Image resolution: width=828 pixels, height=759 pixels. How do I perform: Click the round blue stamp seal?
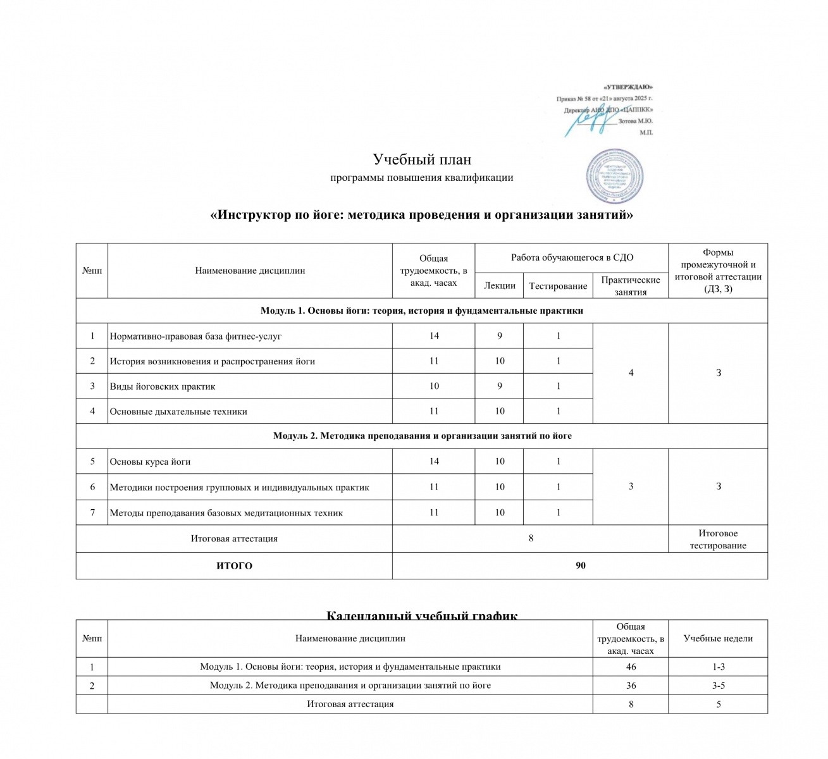click(614, 176)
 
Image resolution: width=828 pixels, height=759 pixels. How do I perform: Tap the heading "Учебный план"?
click(422, 159)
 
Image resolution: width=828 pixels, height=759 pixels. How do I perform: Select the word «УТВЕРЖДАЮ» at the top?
click(627, 87)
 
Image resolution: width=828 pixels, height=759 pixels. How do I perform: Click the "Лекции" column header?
click(499, 286)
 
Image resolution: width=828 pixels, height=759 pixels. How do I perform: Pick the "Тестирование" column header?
click(558, 286)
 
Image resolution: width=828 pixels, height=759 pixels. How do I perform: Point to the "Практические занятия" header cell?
click(630, 286)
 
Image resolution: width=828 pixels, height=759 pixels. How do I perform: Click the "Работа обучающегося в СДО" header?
click(572, 257)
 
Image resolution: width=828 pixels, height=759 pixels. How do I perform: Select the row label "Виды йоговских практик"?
click(163, 386)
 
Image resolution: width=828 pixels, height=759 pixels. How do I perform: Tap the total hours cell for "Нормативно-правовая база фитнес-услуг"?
click(434, 336)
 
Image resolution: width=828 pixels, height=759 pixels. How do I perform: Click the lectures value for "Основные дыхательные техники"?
click(499, 411)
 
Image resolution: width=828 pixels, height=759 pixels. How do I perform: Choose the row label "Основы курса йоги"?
click(150, 462)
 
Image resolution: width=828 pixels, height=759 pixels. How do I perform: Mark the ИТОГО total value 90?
click(580, 565)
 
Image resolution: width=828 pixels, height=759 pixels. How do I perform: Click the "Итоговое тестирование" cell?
click(718, 539)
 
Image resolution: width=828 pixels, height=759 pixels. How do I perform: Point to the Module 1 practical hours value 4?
click(631, 373)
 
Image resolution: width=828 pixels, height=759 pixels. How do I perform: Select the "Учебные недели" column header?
click(718, 638)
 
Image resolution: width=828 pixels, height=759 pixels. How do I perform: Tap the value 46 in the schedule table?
click(631, 667)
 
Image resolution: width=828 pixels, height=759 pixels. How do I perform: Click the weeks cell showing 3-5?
click(718, 686)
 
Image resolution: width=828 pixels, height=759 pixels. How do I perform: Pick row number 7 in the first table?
click(92, 512)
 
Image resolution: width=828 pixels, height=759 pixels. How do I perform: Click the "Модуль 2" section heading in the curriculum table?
click(422, 436)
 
